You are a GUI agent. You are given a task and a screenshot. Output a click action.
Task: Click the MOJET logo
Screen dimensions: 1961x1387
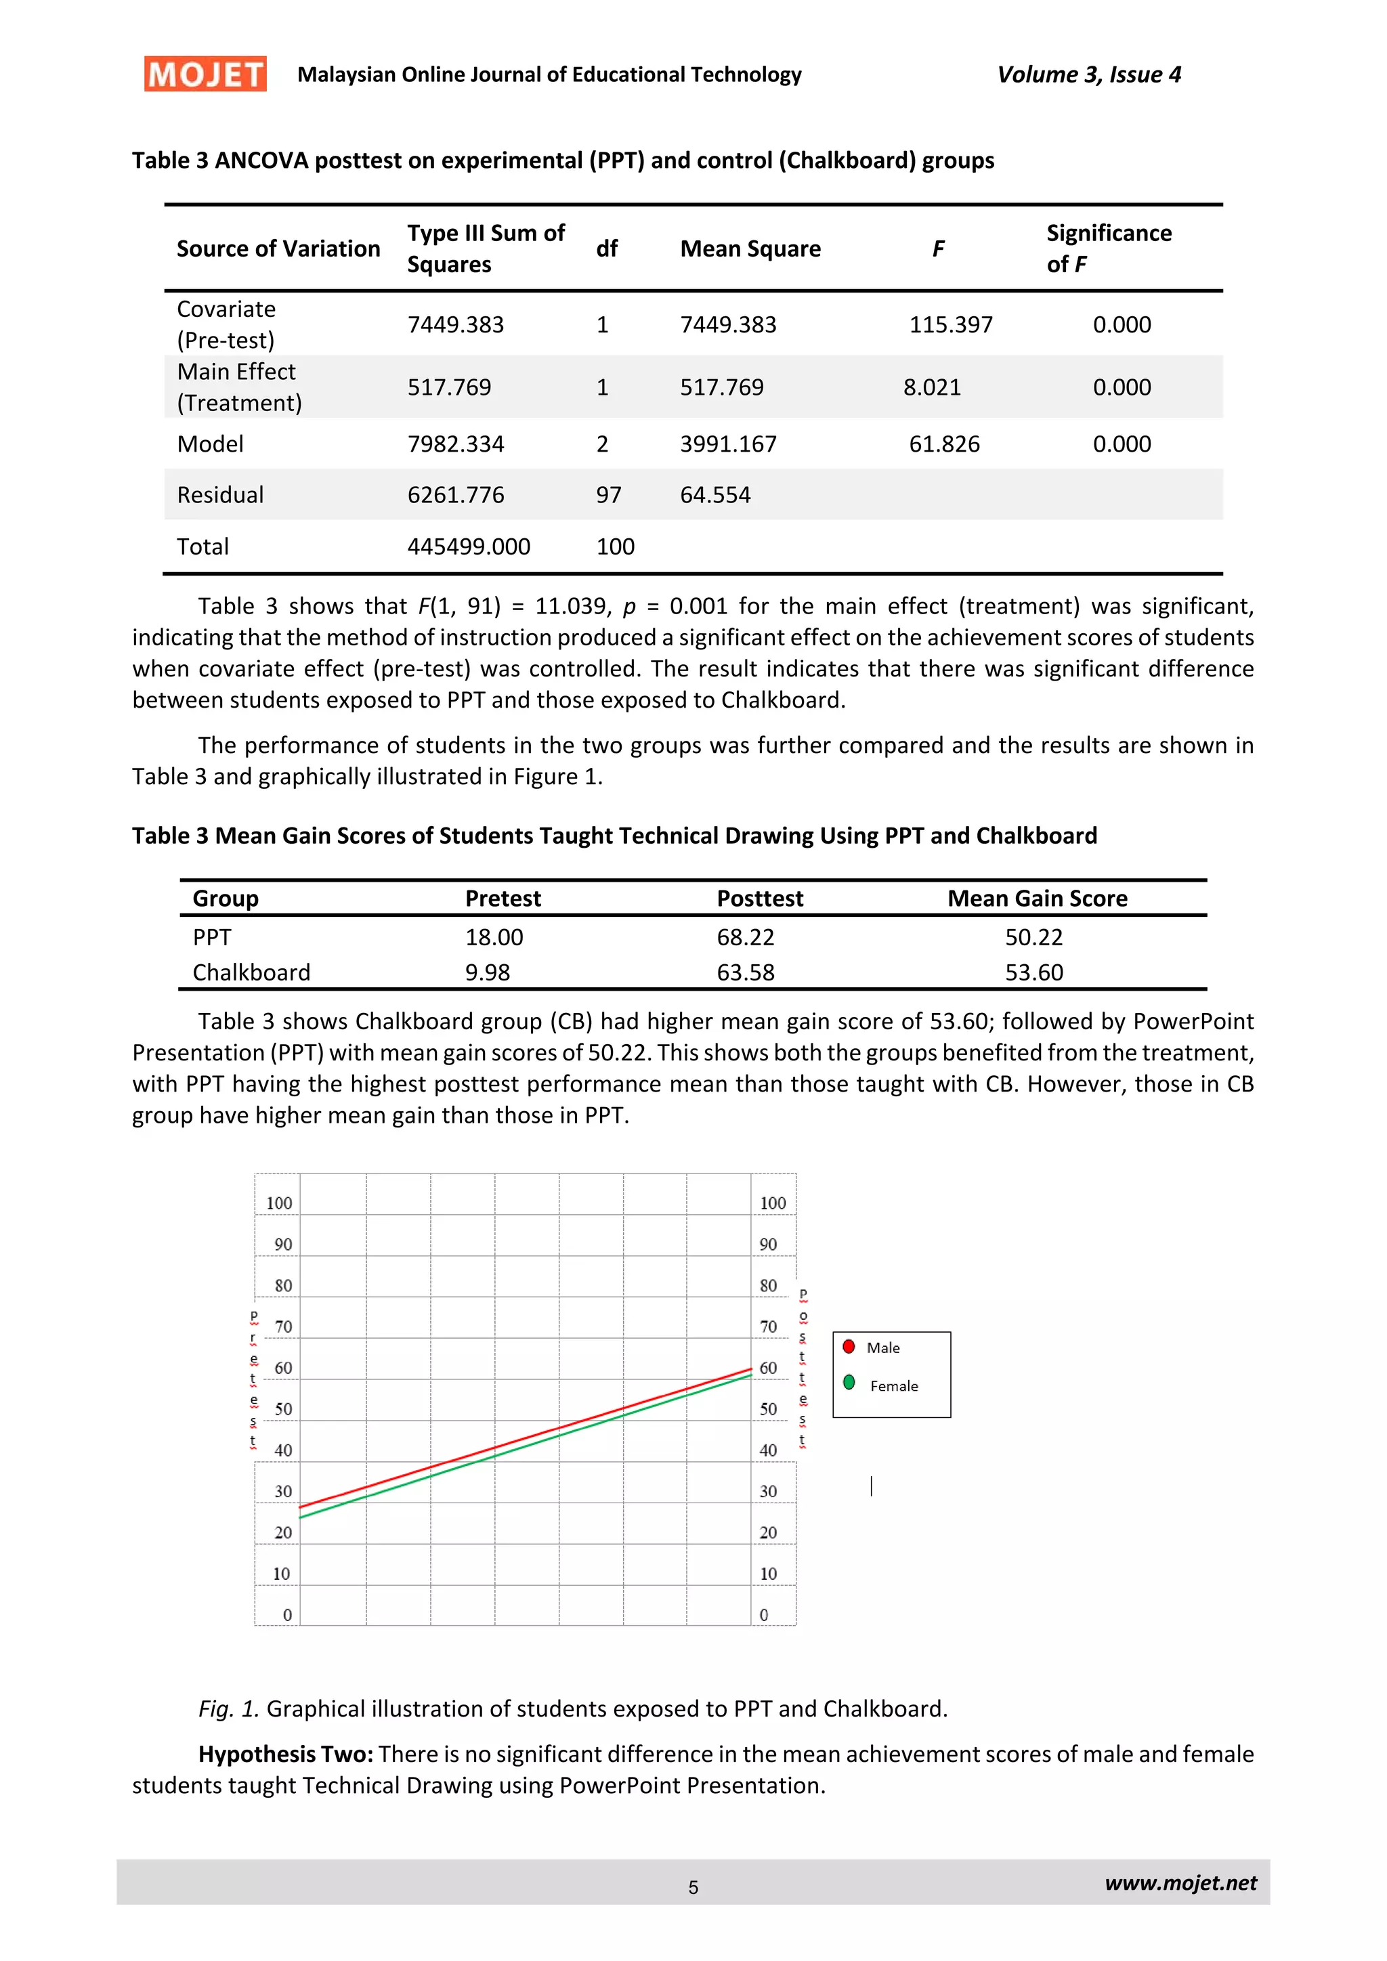[205, 74]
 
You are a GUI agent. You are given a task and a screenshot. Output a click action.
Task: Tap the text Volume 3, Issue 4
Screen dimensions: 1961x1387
[1089, 75]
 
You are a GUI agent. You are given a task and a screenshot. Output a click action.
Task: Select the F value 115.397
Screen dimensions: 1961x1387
[951, 324]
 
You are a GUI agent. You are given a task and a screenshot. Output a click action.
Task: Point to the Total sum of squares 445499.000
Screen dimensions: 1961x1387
[468, 546]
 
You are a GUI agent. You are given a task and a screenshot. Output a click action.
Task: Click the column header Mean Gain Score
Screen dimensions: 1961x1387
[1037, 899]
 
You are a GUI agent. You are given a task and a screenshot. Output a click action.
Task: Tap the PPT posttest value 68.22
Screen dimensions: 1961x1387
[745, 938]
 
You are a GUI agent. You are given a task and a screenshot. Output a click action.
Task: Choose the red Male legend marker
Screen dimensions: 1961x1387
[848, 1347]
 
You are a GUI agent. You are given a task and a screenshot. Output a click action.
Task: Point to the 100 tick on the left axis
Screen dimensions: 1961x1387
[279, 1203]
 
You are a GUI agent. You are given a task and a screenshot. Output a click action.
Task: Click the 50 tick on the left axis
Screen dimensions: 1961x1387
[282, 1409]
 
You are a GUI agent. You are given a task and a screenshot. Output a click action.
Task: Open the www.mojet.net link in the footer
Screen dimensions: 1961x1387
[1180, 1883]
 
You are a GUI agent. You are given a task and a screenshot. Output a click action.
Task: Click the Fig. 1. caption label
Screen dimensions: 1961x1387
[228, 1709]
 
